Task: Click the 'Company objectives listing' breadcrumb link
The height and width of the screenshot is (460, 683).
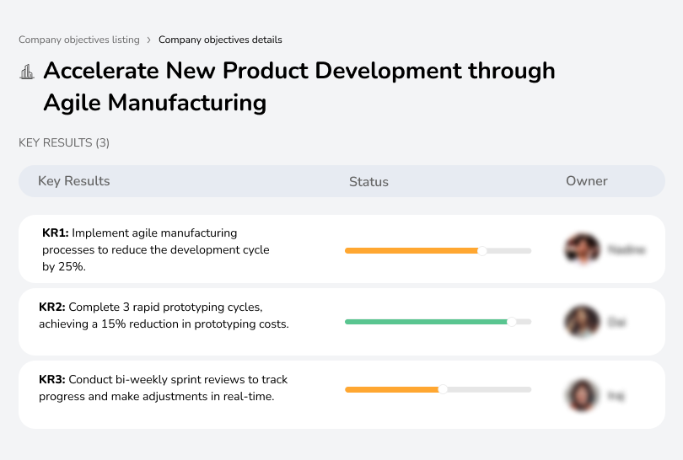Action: click(x=79, y=40)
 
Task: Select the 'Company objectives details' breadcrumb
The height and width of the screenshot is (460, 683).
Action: click(x=220, y=40)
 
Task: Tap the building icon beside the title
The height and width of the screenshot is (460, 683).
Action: click(x=27, y=72)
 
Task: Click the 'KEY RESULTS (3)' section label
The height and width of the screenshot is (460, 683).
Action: click(x=64, y=143)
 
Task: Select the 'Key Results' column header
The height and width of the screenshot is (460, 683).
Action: click(x=73, y=181)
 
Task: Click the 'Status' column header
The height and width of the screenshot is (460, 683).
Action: click(x=368, y=181)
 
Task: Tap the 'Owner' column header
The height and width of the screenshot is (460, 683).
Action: click(x=587, y=181)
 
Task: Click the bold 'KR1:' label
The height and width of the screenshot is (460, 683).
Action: click(x=56, y=233)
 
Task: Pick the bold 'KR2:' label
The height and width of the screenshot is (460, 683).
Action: click(x=52, y=308)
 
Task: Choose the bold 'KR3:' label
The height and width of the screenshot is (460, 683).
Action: click(x=52, y=380)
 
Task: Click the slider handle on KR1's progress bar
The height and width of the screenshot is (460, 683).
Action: click(x=482, y=250)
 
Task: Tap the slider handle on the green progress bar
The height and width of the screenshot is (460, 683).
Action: click(x=511, y=322)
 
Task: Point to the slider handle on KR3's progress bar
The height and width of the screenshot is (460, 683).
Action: click(x=443, y=389)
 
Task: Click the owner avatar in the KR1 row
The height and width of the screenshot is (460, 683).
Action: click(x=581, y=249)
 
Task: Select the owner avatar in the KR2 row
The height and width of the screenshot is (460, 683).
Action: click(x=581, y=322)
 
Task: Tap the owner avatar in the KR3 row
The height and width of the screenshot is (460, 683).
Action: click(x=581, y=394)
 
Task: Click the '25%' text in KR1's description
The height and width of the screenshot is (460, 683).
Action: click(x=72, y=266)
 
